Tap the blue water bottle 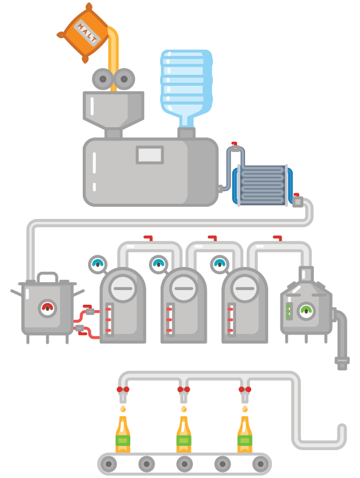click(x=186, y=85)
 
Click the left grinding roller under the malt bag click(x=102, y=79)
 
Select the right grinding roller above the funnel click(x=124, y=79)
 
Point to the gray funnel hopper click(x=114, y=109)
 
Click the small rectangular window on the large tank click(x=150, y=154)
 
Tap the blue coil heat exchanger click(x=262, y=185)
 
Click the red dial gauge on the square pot click(x=47, y=308)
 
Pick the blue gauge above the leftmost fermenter click(x=97, y=264)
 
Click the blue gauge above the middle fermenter click(x=158, y=264)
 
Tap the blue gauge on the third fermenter click(x=219, y=264)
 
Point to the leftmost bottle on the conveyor click(x=123, y=434)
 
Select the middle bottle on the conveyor click(x=184, y=434)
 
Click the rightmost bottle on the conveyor click(x=244, y=434)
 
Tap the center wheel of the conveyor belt click(x=185, y=464)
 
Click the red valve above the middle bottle click(x=184, y=389)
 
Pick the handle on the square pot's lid click(x=47, y=277)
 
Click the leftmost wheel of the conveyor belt click(x=108, y=464)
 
